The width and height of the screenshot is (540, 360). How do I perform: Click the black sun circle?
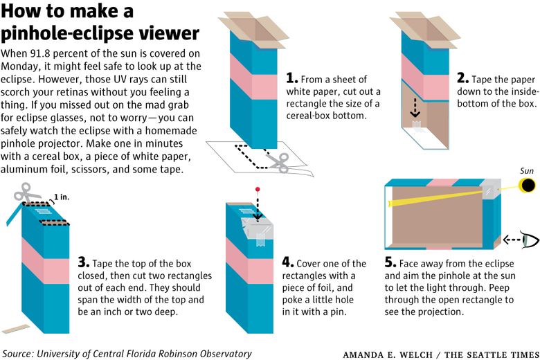(528, 186)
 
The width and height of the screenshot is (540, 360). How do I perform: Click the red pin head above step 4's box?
(258, 190)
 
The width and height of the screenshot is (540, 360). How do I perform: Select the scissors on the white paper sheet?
(278, 163)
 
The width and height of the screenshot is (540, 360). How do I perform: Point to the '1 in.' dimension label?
(62, 197)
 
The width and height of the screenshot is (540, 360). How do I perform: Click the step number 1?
(291, 78)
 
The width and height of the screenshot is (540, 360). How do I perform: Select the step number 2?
(463, 78)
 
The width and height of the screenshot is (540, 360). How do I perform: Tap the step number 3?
(83, 262)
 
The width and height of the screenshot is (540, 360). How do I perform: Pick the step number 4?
(287, 262)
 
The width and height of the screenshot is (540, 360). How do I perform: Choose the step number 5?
(390, 262)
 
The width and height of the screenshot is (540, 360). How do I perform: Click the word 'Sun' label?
(527, 171)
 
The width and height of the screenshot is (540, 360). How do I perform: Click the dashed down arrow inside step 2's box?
(415, 108)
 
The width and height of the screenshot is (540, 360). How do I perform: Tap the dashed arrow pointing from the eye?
(512, 240)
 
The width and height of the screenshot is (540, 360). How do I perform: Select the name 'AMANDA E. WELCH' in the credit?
(388, 354)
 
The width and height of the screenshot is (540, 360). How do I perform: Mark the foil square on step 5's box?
(490, 189)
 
